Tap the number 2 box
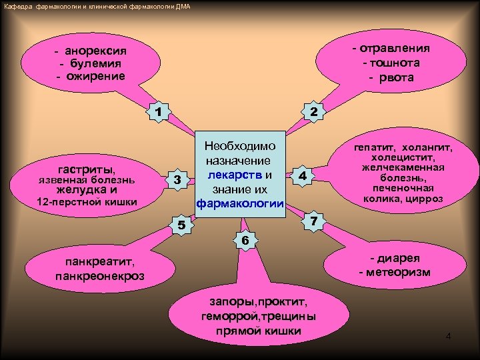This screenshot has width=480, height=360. click(312, 111)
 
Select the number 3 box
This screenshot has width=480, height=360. click(177, 180)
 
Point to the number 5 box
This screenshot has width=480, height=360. click(180, 226)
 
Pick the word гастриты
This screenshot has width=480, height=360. click(87, 169)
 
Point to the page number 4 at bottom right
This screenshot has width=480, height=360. click(448, 336)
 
